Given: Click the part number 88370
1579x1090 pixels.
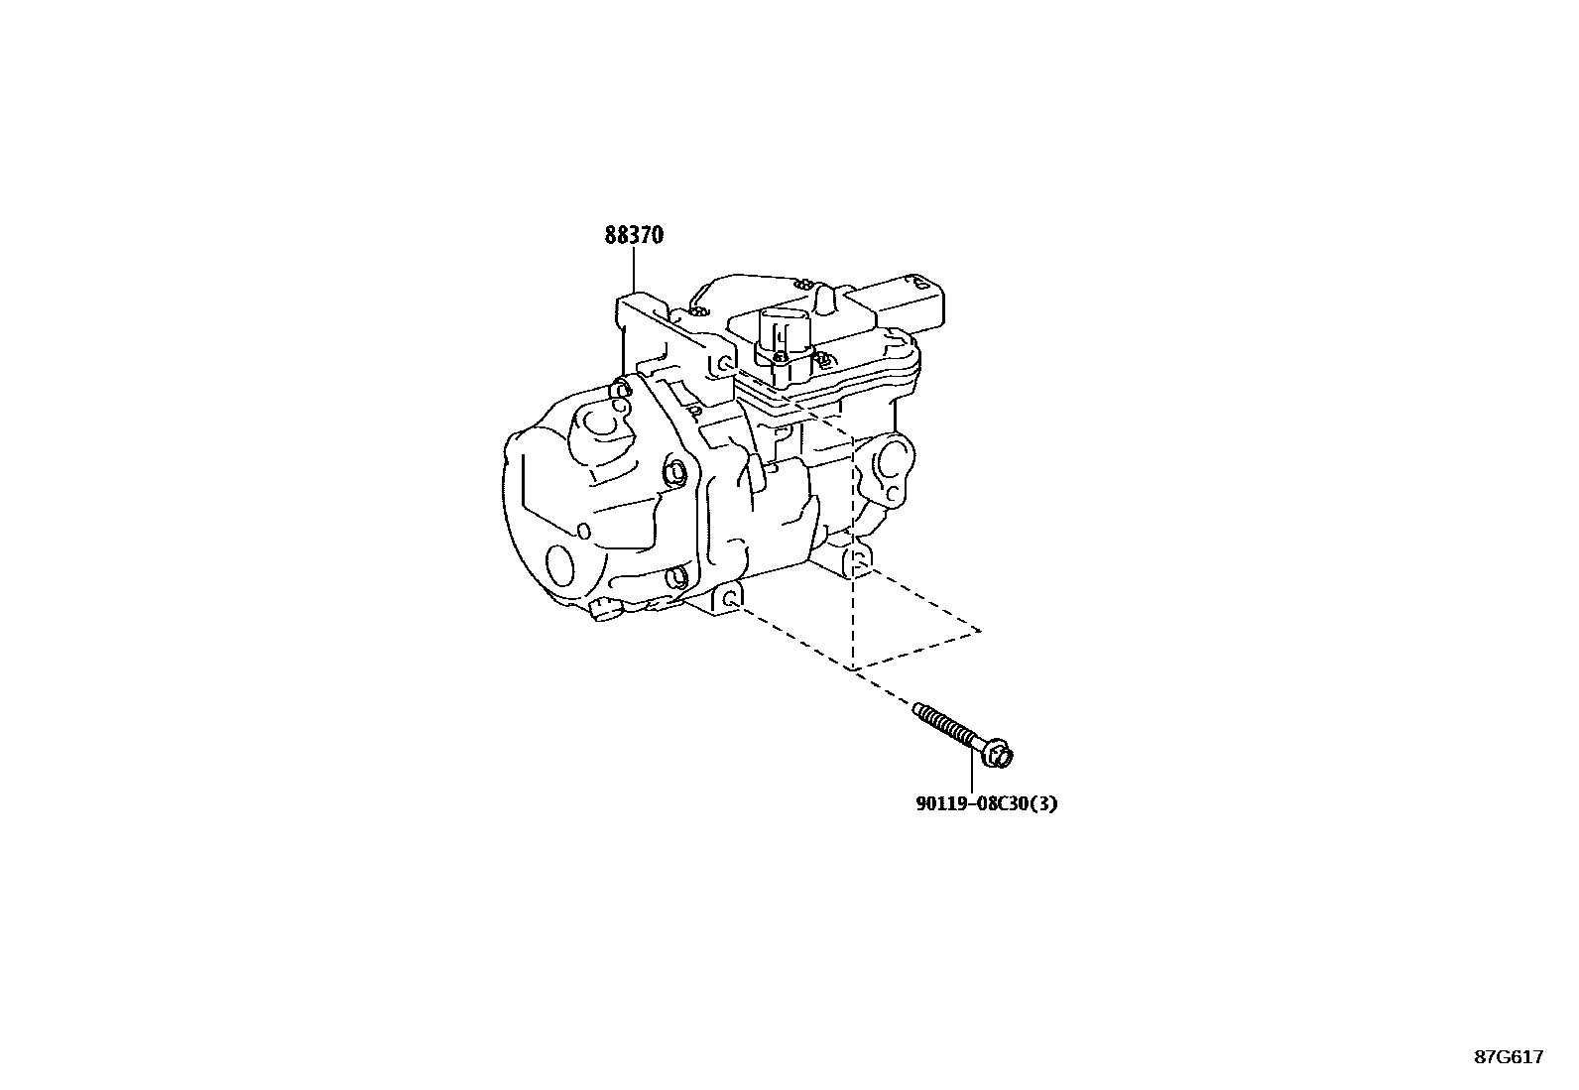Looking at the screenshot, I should (x=634, y=236).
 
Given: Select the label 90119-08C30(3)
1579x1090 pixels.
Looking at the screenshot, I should (x=986, y=803).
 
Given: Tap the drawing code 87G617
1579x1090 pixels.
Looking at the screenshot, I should (x=1509, y=1057).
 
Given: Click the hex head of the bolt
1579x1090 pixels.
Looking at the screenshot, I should (x=997, y=756).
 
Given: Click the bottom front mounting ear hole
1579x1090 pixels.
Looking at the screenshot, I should (x=730, y=598).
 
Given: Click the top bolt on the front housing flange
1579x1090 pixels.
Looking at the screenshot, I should (x=622, y=389).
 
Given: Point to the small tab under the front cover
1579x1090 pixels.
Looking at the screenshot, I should (x=603, y=610).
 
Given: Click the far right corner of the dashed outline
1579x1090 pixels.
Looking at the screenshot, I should (x=980, y=630).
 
